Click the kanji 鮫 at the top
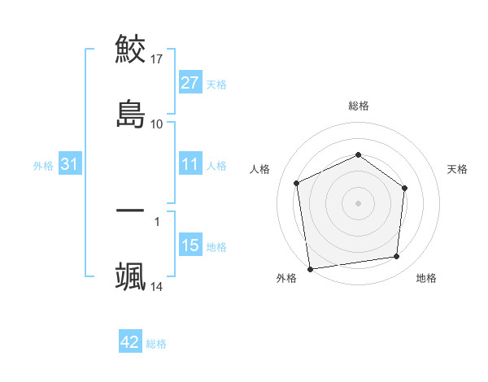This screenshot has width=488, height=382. pyautogui.click(x=130, y=49)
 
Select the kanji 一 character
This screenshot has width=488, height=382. pyautogui.click(x=130, y=211)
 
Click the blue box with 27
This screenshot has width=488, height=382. pyautogui.click(x=190, y=83)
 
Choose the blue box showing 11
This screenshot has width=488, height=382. pyautogui.click(x=190, y=165)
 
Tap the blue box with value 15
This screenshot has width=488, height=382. pyautogui.click(x=190, y=245)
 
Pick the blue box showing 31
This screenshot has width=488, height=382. pyautogui.click(x=70, y=165)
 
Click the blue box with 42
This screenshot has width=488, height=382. pyautogui.click(x=130, y=342)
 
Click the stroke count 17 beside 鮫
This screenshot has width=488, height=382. pyautogui.click(x=157, y=59)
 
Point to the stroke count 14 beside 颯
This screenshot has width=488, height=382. pyautogui.click(x=157, y=286)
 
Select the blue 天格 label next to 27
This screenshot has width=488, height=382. pyautogui.click(x=216, y=85)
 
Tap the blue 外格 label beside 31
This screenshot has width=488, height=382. pyautogui.click(x=43, y=166)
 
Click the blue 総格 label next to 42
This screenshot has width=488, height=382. pyautogui.click(x=156, y=344)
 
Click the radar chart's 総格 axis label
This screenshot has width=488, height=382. pyautogui.click(x=359, y=106)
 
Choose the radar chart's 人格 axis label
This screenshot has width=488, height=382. pyautogui.click(x=260, y=169)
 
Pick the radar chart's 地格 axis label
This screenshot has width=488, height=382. pyautogui.click(x=426, y=278)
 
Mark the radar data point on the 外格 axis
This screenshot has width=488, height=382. pyautogui.click(x=310, y=268)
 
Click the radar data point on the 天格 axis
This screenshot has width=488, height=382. pyautogui.click(x=404, y=189)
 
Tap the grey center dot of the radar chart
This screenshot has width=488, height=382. pyautogui.click(x=358, y=202)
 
